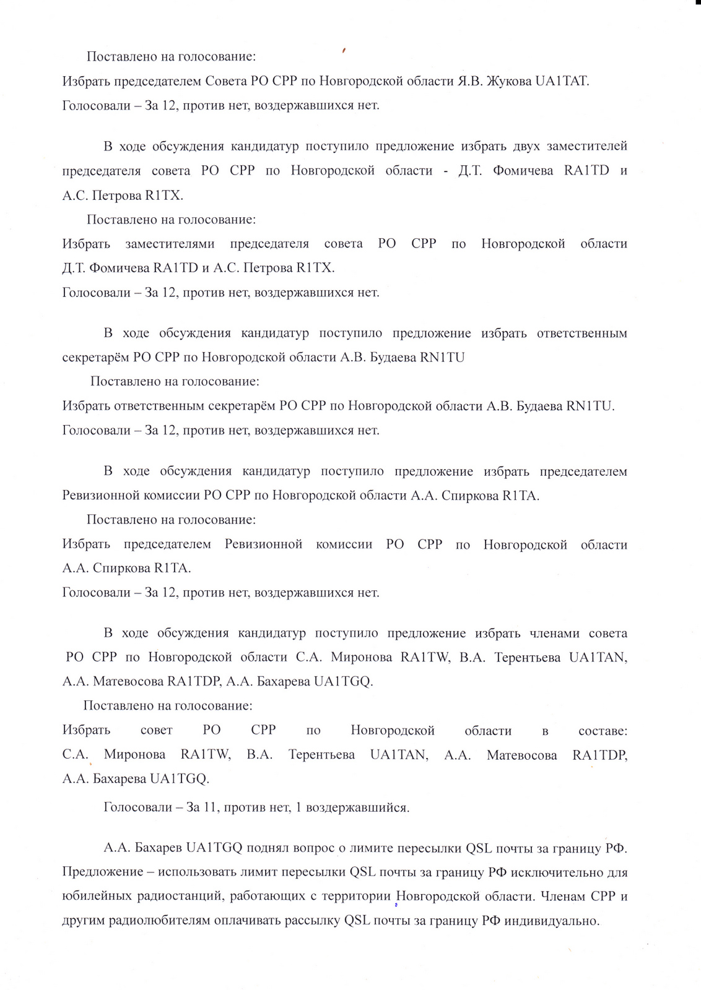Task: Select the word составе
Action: [x=602, y=731]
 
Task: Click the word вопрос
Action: [x=314, y=848]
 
